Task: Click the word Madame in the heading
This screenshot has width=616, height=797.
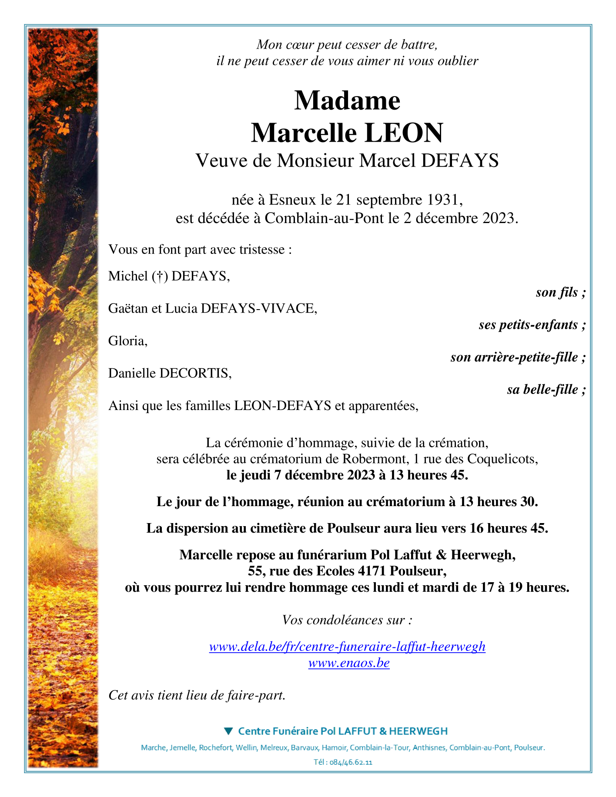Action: point(347,100)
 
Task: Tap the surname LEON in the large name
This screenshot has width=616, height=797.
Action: point(404,133)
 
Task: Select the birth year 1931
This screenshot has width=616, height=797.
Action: point(443,200)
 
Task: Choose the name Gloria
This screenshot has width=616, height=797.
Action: point(127,341)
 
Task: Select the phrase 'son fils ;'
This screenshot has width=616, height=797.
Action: point(560,293)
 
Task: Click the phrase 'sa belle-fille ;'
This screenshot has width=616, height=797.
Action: point(546,390)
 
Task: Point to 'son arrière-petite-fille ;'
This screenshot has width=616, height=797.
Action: point(518,357)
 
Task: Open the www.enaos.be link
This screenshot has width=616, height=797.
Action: point(349,663)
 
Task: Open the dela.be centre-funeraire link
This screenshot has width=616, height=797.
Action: point(347,647)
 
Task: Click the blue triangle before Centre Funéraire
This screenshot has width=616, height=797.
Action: point(228,731)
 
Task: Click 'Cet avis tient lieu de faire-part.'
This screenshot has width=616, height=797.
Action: point(197,695)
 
